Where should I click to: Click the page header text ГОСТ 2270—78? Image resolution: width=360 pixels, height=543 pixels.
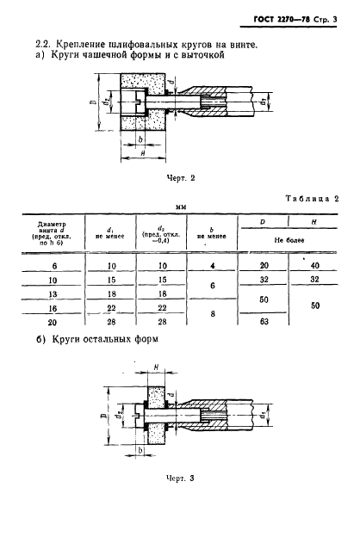click(x=282, y=20)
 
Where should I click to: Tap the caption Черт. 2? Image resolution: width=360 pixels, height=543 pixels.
click(x=181, y=178)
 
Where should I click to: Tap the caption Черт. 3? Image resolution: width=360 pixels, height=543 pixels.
click(x=180, y=478)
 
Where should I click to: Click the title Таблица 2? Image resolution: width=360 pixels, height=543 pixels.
click(x=312, y=199)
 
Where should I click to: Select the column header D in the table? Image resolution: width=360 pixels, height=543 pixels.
click(x=263, y=222)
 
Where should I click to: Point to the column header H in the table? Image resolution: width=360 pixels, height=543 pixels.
click(x=313, y=222)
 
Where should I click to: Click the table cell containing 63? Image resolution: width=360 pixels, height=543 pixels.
click(x=264, y=321)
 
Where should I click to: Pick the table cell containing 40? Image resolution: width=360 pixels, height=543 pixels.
click(x=315, y=266)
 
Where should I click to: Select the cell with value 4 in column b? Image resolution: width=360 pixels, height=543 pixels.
click(x=213, y=266)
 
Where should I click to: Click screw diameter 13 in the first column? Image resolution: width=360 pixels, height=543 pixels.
click(x=53, y=294)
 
